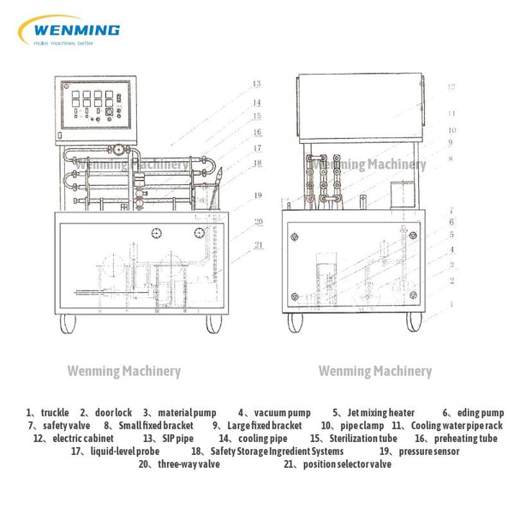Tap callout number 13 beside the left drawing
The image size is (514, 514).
point(256,84)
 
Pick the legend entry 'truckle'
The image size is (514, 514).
point(55,413)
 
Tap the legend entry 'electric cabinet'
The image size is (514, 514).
point(69,438)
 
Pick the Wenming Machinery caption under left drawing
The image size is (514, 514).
point(124,371)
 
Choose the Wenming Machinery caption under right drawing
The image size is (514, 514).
point(375,371)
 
